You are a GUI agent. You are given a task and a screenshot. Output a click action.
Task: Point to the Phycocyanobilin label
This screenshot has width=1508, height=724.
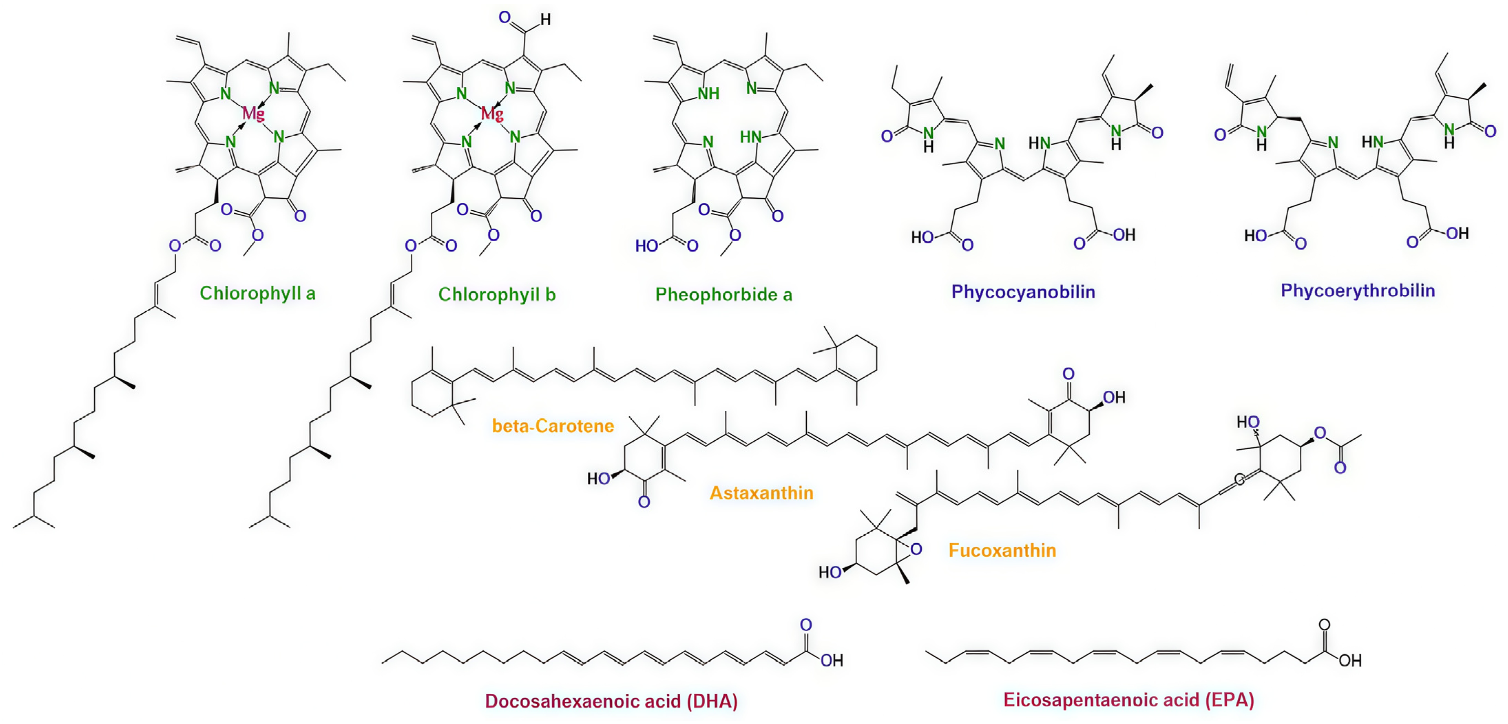(x=1023, y=292)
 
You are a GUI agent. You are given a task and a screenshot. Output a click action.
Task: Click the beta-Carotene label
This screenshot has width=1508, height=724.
(x=553, y=426)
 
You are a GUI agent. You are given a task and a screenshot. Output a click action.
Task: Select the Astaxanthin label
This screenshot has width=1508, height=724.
(x=761, y=493)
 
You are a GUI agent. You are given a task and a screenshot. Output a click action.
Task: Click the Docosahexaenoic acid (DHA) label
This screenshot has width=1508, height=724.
(x=610, y=701)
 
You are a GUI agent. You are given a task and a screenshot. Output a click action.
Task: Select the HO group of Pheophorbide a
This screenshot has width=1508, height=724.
(x=647, y=246)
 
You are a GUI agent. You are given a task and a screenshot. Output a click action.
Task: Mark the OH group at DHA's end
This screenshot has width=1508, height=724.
(x=831, y=661)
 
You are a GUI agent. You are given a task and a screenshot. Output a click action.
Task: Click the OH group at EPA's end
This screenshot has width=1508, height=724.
(x=1350, y=661)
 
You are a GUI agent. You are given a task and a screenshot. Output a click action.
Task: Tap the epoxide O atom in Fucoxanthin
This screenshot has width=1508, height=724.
(x=916, y=549)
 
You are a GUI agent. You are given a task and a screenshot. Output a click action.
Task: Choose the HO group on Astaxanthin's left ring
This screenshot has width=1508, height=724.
(x=599, y=479)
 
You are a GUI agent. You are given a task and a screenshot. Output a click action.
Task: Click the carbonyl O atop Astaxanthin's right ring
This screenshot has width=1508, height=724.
(x=1068, y=374)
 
